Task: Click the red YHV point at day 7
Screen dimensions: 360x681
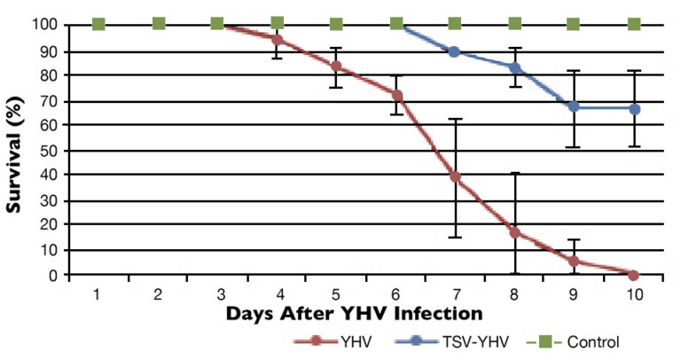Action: [455, 177]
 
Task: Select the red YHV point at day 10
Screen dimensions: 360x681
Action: [633, 275]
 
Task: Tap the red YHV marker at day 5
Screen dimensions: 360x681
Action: [336, 66]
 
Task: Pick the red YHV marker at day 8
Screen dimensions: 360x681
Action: [514, 232]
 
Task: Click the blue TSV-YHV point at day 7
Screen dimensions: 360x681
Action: [455, 51]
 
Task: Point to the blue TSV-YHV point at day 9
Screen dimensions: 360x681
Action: [574, 106]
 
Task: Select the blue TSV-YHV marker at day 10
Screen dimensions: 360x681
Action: [633, 108]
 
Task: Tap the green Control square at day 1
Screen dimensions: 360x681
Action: [98, 23]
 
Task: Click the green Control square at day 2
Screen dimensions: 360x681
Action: [158, 23]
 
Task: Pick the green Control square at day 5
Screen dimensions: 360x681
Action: [336, 24]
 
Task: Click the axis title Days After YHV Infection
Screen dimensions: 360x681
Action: [354, 313]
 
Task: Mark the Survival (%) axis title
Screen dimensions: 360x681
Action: [15, 148]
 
